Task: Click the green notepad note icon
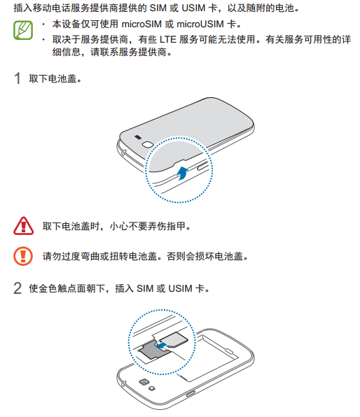click(23, 30)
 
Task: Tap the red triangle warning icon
click(23, 226)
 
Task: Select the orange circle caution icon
click(23, 256)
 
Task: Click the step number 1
click(18, 78)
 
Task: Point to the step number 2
click(18, 288)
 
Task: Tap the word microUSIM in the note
click(200, 24)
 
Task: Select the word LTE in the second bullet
click(168, 40)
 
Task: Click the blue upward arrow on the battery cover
click(183, 173)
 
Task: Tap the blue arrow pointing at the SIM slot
click(162, 346)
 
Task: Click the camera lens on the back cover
click(148, 144)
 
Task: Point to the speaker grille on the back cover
click(138, 136)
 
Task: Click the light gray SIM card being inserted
click(174, 339)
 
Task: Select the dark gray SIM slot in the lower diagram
click(154, 351)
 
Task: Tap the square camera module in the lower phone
click(144, 383)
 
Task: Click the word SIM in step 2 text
click(145, 288)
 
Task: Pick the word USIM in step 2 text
click(180, 288)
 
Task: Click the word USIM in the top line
click(193, 8)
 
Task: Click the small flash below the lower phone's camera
click(152, 388)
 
